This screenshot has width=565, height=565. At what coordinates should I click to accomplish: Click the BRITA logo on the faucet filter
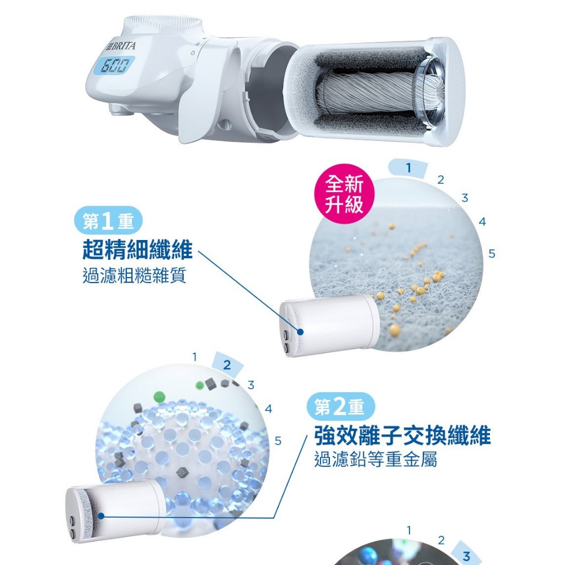click(x=121, y=46)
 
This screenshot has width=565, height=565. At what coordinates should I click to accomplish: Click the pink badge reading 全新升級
click(x=344, y=194)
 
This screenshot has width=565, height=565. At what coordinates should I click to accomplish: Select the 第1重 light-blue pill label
click(x=109, y=221)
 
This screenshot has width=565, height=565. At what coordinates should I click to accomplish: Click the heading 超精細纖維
click(x=137, y=249)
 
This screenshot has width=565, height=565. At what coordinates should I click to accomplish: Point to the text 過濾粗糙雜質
click(x=135, y=276)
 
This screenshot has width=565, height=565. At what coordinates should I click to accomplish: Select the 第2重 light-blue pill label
click(x=340, y=407)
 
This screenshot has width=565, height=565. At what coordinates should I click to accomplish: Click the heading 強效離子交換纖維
click(x=402, y=435)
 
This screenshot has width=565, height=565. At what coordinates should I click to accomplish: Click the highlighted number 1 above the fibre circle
click(x=408, y=168)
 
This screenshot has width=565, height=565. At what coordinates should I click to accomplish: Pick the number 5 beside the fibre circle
click(x=492, y=254)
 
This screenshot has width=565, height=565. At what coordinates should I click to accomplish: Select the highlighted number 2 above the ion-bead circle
click(x=227, y=365)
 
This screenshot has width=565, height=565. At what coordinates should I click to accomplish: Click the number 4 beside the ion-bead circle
click(x=269, y=409)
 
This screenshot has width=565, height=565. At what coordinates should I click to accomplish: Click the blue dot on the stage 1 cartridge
click(x=300, y=332)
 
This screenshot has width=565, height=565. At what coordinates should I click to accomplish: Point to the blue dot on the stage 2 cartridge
click(x=101, y=516)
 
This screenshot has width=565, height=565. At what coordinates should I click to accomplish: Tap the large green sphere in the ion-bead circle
click(x=159, y=397)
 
